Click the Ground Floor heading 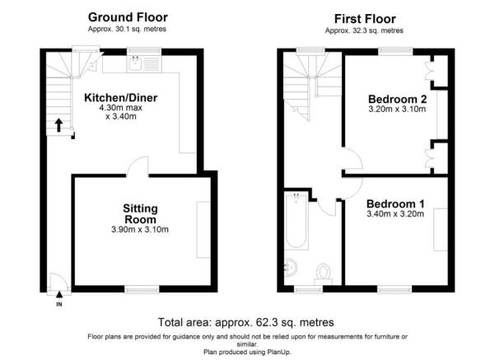click(x=128, y=17)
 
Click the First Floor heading click(x=365, y=19)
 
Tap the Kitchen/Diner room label click(x=120, y=97)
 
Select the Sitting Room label click(x=140, y=214)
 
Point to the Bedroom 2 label click(x=397, y=99)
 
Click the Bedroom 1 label click(x=395, y=203)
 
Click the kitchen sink click(x=136, y=64)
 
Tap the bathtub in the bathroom click(x=297, y=221)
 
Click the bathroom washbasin click(x=290, y=268)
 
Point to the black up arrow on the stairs click(x=58, y=125)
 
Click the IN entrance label click(x=59, y=305)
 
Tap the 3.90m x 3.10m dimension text click(x=140, y=230)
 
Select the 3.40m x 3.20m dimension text click(x=395, y=214)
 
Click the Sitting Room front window click(x=142, y=289)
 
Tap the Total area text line click(x=246, y=322)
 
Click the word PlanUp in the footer click(x=278, y=352)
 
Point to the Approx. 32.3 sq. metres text click(x=364, y=30)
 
